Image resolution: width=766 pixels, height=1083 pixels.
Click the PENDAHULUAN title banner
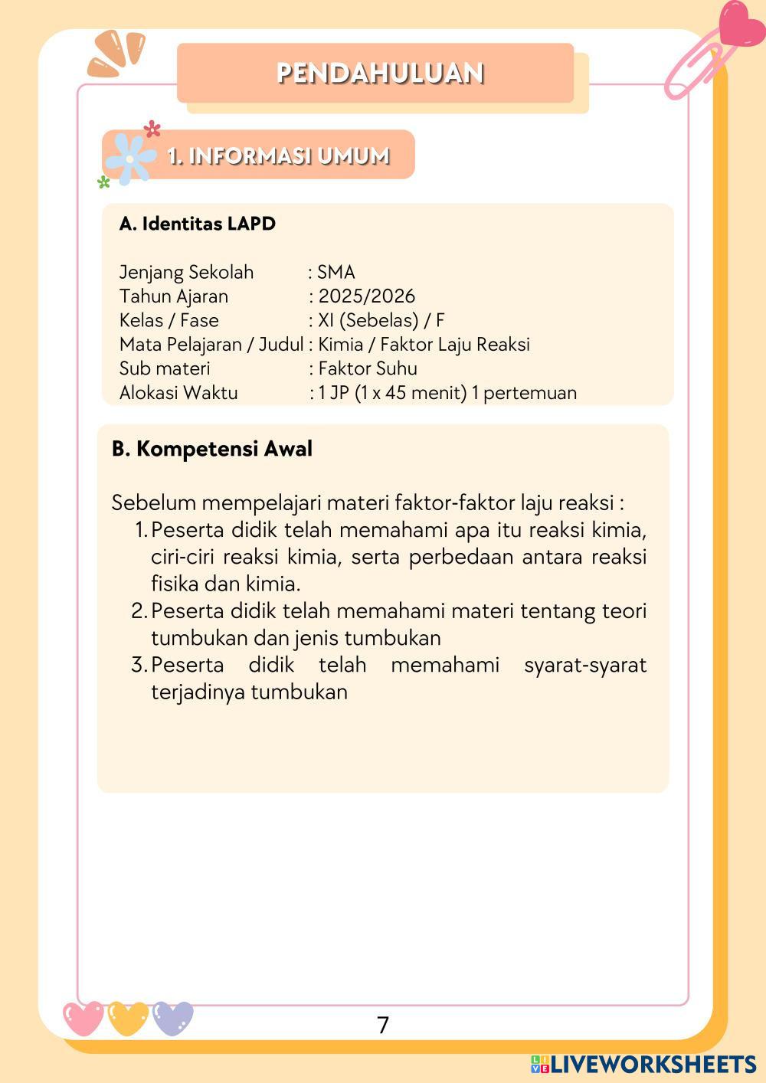380,73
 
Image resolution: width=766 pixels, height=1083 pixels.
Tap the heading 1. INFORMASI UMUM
279,155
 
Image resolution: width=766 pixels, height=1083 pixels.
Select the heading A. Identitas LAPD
197,224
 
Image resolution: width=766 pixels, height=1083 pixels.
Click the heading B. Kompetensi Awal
211,448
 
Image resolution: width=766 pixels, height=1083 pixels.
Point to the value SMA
336,272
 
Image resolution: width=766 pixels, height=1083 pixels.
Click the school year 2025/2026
366,296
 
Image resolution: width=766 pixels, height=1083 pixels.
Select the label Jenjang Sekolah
186,272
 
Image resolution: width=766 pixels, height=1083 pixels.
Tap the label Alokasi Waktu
178,392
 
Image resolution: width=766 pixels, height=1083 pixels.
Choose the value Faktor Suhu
368,368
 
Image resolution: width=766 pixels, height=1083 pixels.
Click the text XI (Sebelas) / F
381,320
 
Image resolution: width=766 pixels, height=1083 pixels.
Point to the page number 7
383,1025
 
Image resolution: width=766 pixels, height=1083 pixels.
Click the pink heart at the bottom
83,1018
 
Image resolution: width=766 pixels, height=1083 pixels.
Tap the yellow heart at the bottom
128,1018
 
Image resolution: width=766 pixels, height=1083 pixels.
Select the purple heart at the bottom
173,1018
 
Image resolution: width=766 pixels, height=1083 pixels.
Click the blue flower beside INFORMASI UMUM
129,158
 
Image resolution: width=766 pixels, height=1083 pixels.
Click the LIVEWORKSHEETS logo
643,1064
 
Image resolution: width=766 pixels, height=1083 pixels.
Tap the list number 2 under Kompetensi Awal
139,610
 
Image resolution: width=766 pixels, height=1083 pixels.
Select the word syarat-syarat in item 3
585,664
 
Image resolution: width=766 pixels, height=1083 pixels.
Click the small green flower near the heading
103,182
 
